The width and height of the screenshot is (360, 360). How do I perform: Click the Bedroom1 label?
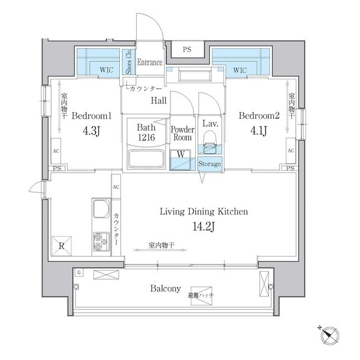pos(92,116)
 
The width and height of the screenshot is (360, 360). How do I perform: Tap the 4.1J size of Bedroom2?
pos(259,131)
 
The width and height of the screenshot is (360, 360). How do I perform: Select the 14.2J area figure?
pos(204,227)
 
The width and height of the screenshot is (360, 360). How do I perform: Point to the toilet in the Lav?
pos(209,142)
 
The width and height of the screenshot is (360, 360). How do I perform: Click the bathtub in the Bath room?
pos(146,159)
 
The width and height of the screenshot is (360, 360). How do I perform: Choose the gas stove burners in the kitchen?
pos(101,241)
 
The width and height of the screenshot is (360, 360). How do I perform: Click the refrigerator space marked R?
pos(61,246)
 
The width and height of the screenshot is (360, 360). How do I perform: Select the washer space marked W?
pos(180,160)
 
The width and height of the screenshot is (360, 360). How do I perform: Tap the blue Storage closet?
pos(210,164)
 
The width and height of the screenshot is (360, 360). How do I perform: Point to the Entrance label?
pos(150,62)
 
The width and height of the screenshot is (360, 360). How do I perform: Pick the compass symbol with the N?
pos(330,336)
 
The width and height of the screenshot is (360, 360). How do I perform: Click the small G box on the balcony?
pos(79,273)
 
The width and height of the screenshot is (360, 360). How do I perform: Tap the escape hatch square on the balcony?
pos(201,296)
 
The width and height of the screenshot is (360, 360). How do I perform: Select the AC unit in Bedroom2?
pos(291,151)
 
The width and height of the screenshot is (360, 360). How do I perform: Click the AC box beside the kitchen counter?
pos(116,187)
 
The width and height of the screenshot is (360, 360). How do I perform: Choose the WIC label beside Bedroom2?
pos(240,70)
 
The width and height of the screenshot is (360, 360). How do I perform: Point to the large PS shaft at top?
pos(187,49)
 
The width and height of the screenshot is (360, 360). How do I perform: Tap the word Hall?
pos(159,101)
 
